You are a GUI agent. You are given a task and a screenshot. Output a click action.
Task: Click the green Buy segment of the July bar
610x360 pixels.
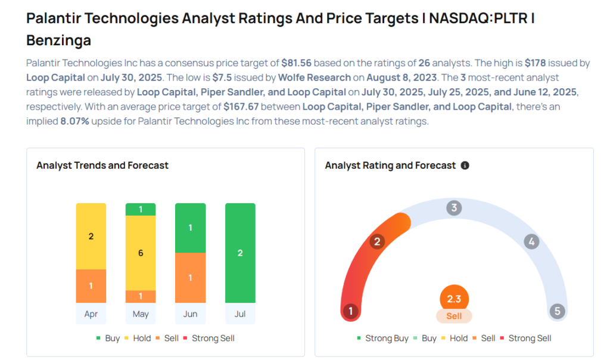pyautogui.click(x=240, y=253)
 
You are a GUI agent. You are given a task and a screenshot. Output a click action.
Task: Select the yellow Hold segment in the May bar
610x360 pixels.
pyautogui.click(x=141, y=253)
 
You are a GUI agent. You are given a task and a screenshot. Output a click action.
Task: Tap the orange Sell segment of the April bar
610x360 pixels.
pyautogui.click(x=91, y=285)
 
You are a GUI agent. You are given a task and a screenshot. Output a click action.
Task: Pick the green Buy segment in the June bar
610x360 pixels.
pyautogui.click(x=190, y=228)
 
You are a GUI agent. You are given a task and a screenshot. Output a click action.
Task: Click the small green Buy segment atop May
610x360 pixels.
pyautogui.click(x=141, y=209)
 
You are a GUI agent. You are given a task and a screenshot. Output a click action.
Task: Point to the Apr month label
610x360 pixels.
pyautogui.click(x=91, y=314)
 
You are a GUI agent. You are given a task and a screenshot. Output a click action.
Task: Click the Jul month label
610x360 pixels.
pyautogui.click(x=240, y=314)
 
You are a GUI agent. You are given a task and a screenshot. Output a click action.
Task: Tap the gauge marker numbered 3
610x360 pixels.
pyautogui.click(x=454, y=208)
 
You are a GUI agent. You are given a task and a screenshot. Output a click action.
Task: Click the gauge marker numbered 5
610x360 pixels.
pyautogui.click(x=557, y=311)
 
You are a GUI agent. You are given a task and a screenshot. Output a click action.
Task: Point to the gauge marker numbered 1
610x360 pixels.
pyautogui.click(x=351, y=311)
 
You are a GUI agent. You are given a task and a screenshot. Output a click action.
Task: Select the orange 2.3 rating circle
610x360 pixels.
pyautogui.click(x=454, y=299)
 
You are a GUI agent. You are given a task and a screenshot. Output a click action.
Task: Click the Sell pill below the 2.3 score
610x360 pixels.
pyautogui.click(x=454, y=316)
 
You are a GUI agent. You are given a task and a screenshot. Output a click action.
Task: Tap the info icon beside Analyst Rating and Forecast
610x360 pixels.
pyautogui.click(x=465, y=165)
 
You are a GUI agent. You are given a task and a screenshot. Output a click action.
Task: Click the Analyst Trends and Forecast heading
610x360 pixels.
pyautogui.click(x=102, y=165)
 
